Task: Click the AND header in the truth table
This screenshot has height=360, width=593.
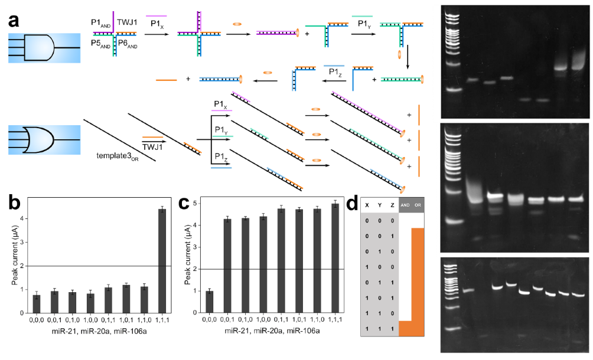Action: (x=406, y=205)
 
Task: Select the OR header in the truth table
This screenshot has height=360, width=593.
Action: (x=418, y=205)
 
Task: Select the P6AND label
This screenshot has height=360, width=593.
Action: (x=129, y=43)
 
